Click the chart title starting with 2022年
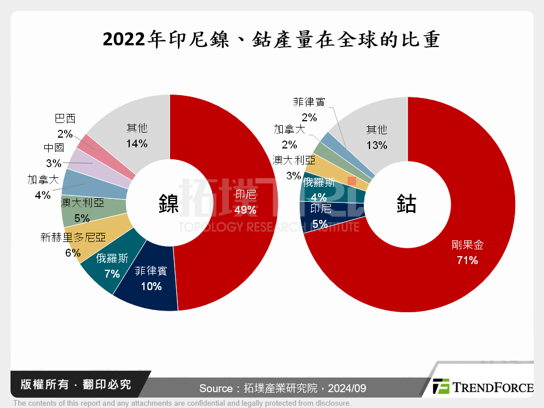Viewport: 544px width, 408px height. coord(271,40)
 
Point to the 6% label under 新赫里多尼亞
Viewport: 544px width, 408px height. coord(73,253)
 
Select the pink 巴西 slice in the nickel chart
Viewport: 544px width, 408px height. coord(86,143)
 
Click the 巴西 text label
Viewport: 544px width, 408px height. coord(65,119)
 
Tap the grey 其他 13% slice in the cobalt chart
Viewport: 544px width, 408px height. coord(376,136)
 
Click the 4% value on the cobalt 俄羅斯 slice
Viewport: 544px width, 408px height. coord(318,198)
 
